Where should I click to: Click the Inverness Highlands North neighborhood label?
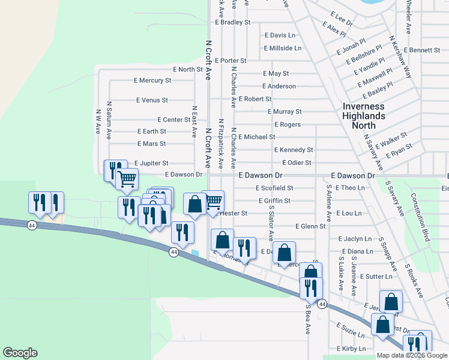(363, 116)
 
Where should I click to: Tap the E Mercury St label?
(152, 80)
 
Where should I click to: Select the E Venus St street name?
(152, 100)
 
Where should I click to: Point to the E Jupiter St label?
(151, 163)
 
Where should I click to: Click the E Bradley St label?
(232, 22)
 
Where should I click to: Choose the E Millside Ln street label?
(282, 48)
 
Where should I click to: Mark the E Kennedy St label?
(294, 149)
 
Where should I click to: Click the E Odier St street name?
(297, 163)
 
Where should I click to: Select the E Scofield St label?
(273, 188)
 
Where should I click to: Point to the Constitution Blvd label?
(421, 217)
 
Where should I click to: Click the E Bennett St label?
(422, 50)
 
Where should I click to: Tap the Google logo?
(20, 353)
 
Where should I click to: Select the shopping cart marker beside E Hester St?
(212, 202)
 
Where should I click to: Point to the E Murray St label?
(285, 112)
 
